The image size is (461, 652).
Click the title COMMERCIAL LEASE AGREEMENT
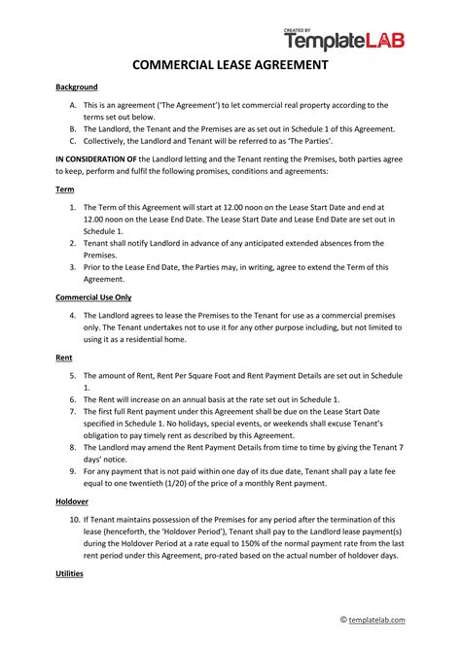230,66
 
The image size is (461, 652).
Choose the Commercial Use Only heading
92,296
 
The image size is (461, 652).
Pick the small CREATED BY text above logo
298,30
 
